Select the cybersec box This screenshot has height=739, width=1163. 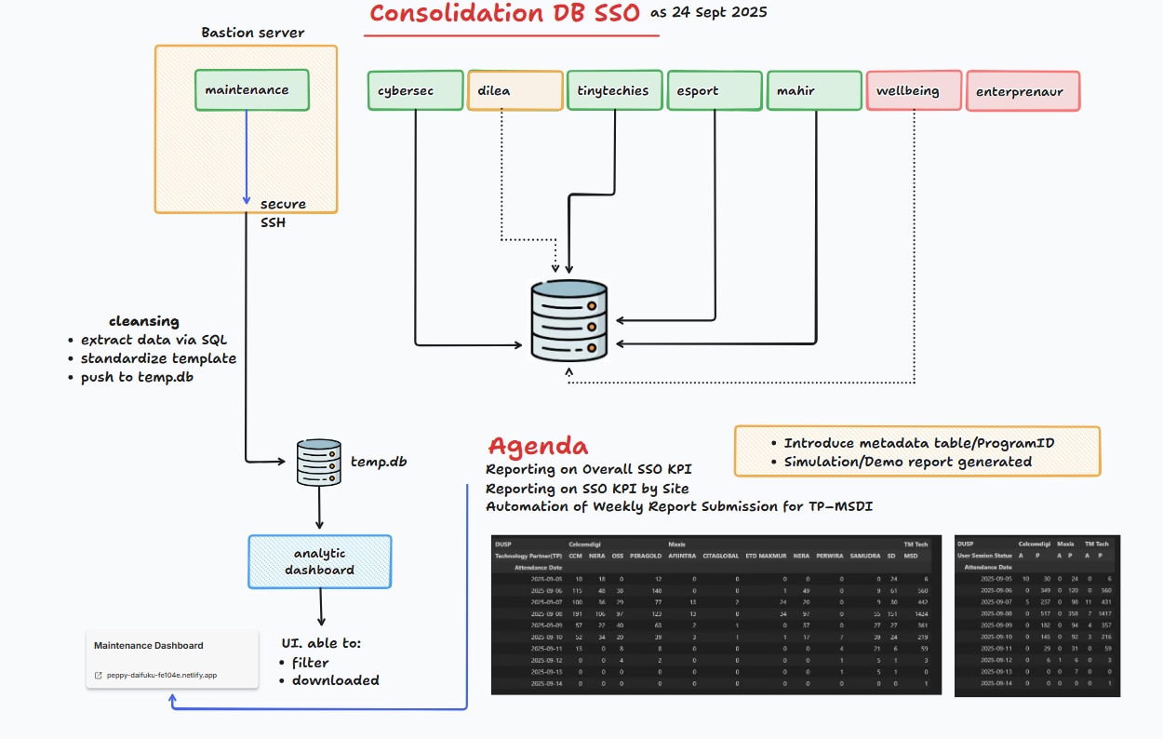point(415,90)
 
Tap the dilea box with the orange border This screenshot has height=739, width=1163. point(515,91)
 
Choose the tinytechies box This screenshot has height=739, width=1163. point(615,90)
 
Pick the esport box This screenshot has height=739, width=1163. point(715,90)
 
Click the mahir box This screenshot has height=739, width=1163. point(815,90)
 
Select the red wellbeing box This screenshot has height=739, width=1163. point(914,91)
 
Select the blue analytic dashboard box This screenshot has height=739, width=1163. point(320,561)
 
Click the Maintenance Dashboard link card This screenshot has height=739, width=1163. point(172,659)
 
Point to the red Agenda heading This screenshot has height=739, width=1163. point(539,445)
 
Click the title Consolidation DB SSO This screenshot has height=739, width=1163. point(504,14)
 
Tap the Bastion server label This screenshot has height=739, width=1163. point(253,33)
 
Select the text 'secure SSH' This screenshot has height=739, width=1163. point(283,212)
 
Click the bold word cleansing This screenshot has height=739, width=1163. point(144,321)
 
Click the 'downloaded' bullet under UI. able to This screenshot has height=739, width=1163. point(335,680)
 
